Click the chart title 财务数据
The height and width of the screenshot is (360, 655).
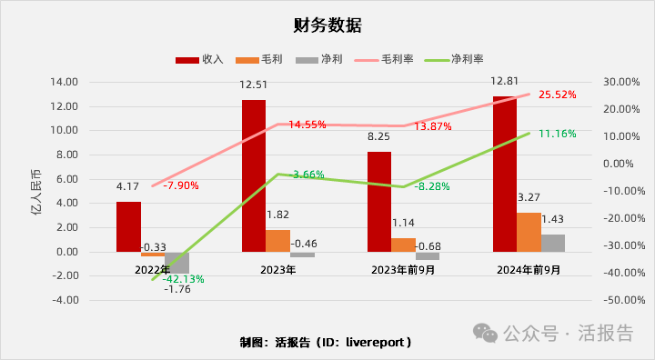[x=327, y=25]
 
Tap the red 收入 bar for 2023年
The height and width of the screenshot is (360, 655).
[x=254, y=175]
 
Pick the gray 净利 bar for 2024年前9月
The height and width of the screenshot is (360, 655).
[x=553, y=243]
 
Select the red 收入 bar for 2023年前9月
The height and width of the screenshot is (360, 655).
[x=378, y=202]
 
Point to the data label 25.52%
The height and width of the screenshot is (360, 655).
[x=558, y=95]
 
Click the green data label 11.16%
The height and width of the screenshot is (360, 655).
[x=558, y=134]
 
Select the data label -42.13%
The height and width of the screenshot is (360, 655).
[x=185, y=279]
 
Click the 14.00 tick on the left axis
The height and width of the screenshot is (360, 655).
[x=65, y=82]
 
